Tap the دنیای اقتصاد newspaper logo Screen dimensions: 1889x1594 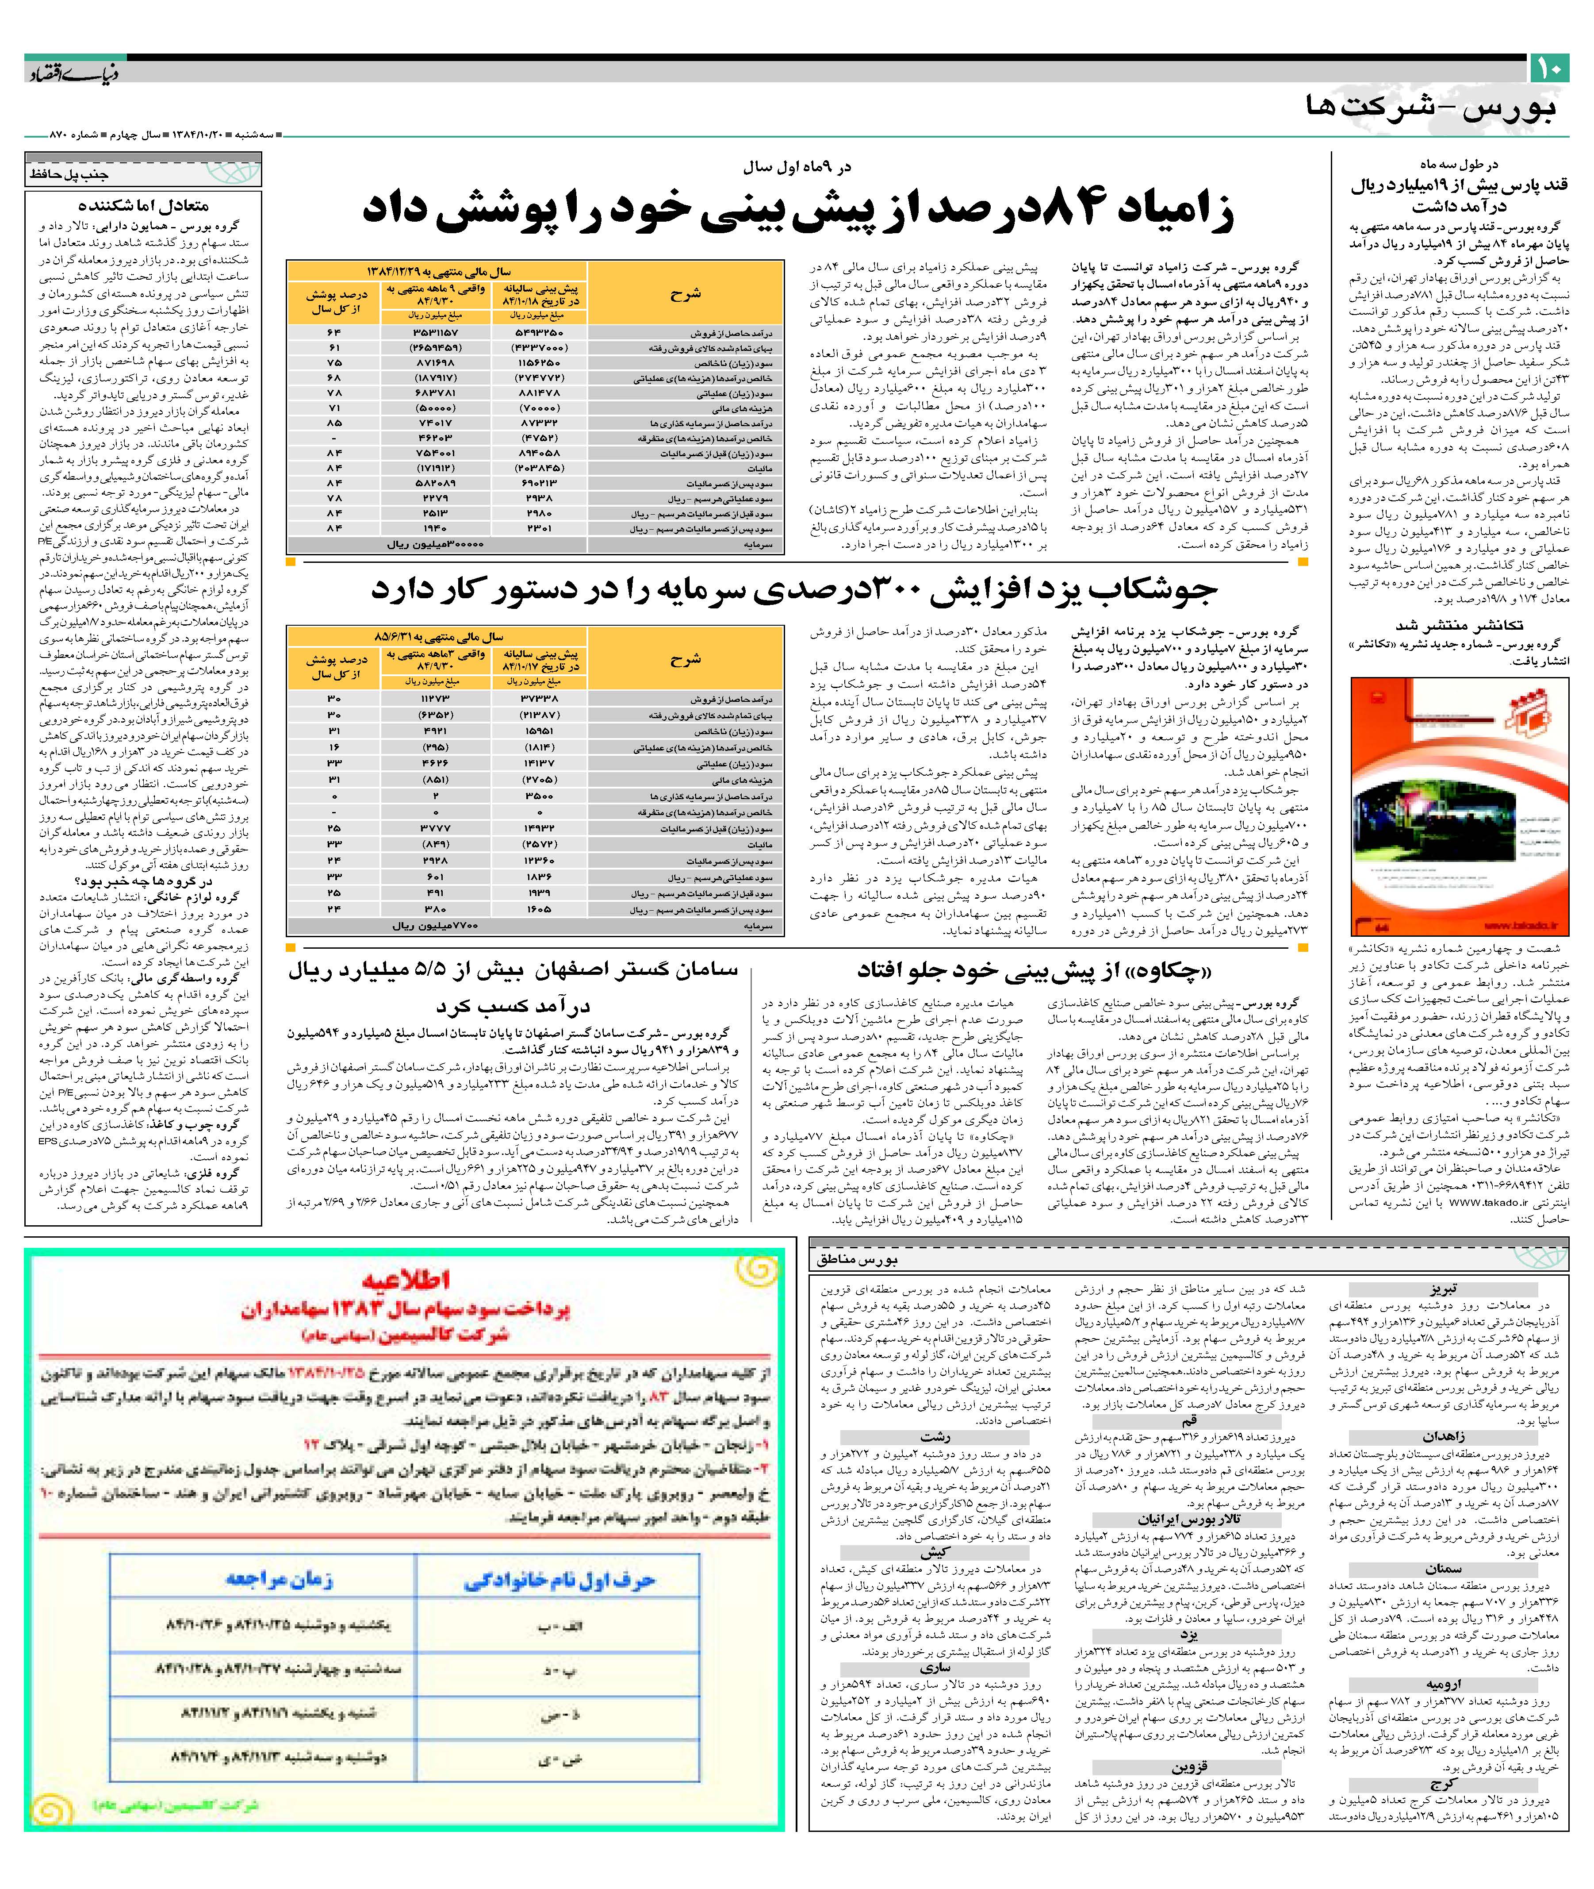click(70, 72)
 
